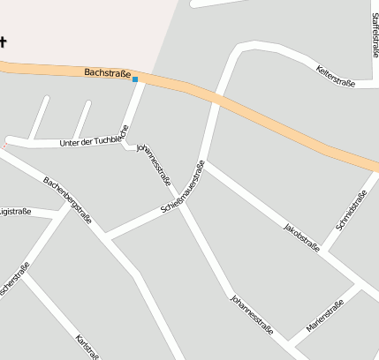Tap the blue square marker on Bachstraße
tap(135, 80)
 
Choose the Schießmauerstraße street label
tap(183, 187)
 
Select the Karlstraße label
tap(87, 347)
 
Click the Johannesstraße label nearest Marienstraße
tap(252, 315)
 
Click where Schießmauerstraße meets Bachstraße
tap(216, 100)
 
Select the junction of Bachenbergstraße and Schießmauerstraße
tap(105, 237)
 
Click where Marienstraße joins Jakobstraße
tap(359, 287)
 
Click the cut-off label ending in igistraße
tap(15, 211)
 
